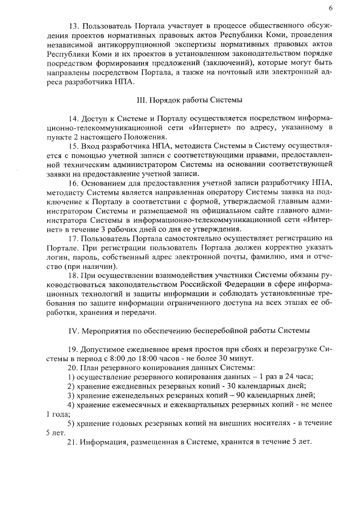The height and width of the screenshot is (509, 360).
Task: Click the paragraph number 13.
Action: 73,26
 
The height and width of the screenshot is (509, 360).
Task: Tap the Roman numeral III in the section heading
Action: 142,100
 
